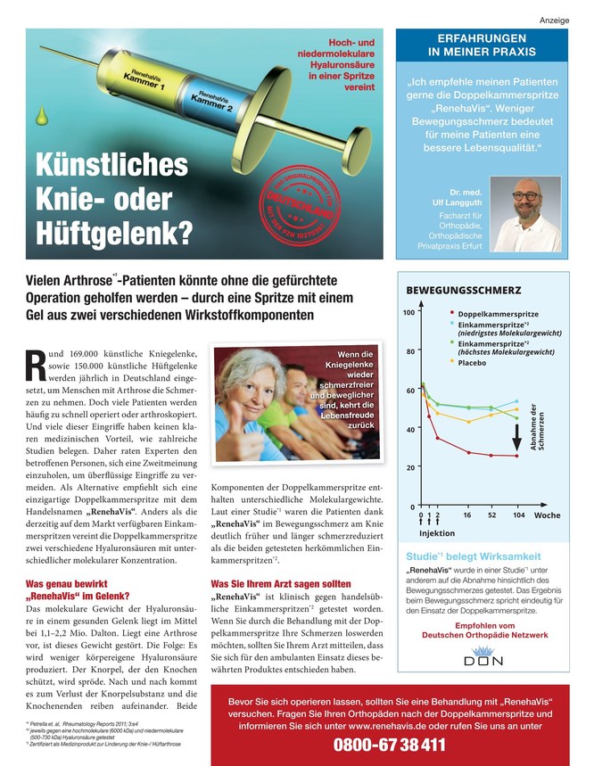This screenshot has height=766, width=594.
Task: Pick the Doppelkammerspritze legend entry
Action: tap(498, 315)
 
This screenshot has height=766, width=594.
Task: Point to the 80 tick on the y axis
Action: tap(410, 351)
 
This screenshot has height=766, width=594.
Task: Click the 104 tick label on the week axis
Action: tap(518, 515)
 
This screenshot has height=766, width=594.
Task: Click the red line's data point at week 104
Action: tap(517, 456)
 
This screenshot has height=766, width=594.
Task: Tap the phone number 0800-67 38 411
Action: tap(389, 745)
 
